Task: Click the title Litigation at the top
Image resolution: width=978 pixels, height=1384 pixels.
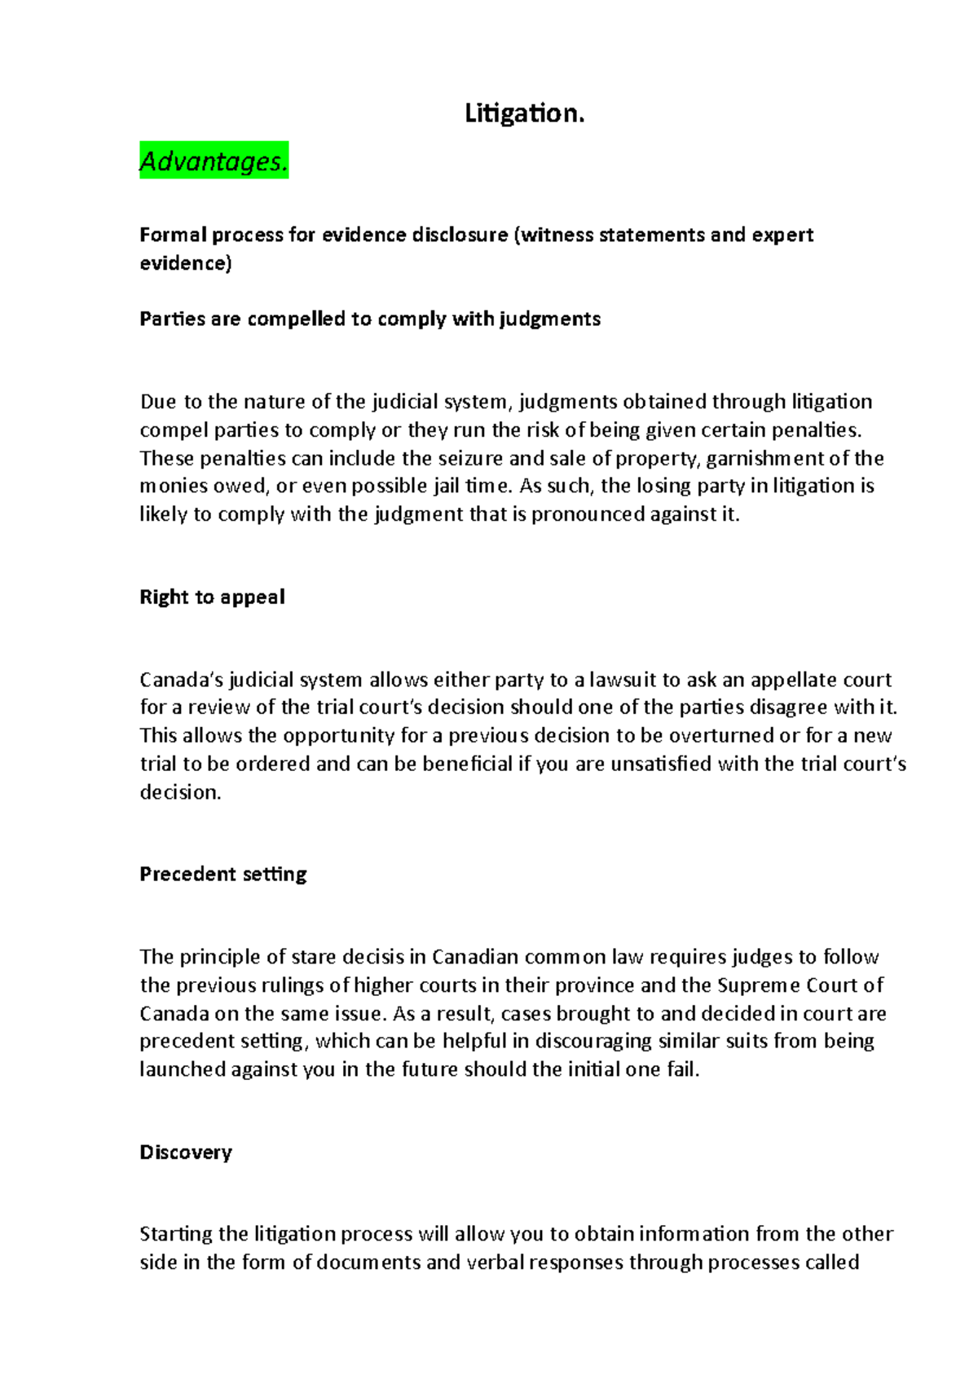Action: tap(524, 113)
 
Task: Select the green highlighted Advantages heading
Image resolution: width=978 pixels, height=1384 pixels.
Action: tap(214, 161)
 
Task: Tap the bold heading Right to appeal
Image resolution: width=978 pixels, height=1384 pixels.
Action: tap(212, 597)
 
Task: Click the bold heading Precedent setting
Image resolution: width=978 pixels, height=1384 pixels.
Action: tap(222, 874)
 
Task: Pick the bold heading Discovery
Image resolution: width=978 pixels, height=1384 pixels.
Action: tap(186, 1152)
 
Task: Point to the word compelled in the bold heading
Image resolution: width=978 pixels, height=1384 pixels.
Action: tap(296, 319)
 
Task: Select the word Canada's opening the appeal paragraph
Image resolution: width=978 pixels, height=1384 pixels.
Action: tap(181, 680)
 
